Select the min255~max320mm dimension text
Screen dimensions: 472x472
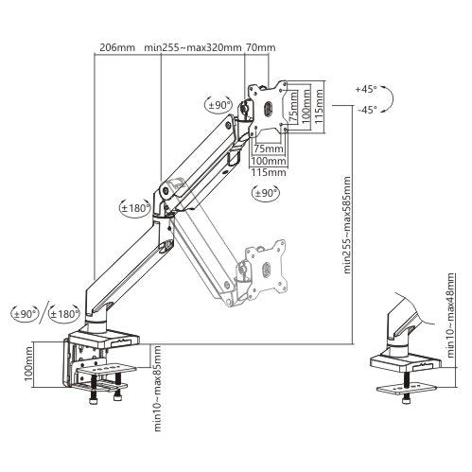pos(193,47)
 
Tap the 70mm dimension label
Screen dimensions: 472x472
pos(260,47)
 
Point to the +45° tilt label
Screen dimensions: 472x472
pos(366,89)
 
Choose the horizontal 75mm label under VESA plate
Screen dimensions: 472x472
pos(269,149)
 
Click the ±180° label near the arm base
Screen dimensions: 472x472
pos(64,313)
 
